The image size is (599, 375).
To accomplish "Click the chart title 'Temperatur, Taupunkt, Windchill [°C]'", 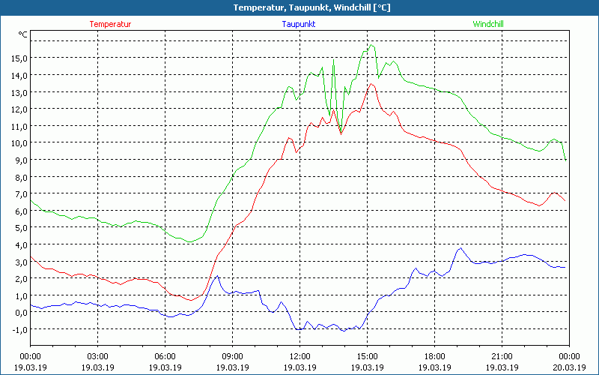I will coord(300,7).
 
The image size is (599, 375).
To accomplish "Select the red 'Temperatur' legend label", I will coord(110,24).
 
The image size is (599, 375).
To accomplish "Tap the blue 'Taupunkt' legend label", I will coord(298,24).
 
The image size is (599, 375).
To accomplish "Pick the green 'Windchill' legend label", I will coord(487,24).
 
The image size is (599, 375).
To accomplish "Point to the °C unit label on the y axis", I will coord(23,34).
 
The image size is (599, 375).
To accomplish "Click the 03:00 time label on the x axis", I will coord(97,355).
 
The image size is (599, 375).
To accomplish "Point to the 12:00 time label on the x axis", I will coord(299,355).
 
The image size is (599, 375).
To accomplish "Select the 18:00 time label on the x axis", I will coord(434,355).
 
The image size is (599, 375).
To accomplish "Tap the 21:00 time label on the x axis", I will coord(502,355).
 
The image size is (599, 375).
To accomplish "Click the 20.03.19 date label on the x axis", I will coord(569,367).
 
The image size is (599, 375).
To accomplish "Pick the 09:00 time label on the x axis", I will coord(232,355).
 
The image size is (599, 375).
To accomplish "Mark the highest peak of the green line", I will coord(369,45).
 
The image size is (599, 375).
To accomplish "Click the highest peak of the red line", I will coord(370,83).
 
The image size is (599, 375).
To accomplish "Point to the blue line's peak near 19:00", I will coord(460,247).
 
